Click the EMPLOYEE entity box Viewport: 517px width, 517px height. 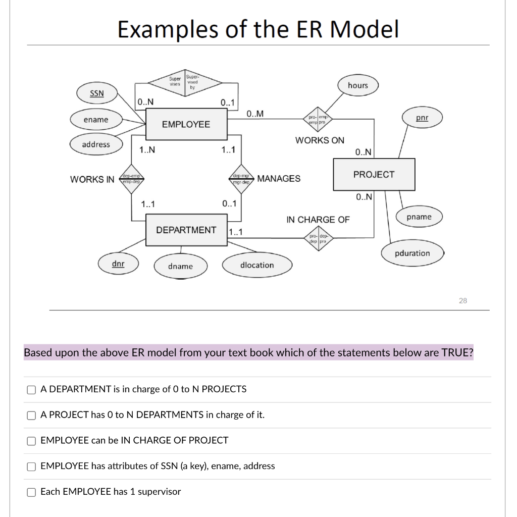tap(186, 125)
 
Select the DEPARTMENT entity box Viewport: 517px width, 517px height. tap(186, 230)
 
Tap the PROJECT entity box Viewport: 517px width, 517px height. tap(374, 175)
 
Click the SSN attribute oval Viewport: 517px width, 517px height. tap(96, 93)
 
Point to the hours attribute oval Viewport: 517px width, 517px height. tap(357, 85)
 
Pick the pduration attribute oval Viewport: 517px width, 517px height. tap(412, 253)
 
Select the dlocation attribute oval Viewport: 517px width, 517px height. tap(257, 265)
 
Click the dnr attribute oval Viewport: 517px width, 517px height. tap(118, 264)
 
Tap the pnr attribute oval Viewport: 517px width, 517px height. tap(422, 118)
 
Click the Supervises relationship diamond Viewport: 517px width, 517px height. tap(184, 82)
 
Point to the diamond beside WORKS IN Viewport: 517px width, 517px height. tap(131, 179)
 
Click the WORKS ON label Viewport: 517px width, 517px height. tap(320, 140)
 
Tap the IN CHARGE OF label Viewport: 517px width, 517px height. tap(318, 220)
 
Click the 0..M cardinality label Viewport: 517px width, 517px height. tap(255, 113)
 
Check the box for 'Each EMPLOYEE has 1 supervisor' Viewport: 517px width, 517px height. tap(31, 492)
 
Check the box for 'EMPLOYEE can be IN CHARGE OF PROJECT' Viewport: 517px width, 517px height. tap(31, 440)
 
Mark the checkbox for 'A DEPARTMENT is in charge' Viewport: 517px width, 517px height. tap(31, 389)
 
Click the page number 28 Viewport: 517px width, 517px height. tap(462, 300)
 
